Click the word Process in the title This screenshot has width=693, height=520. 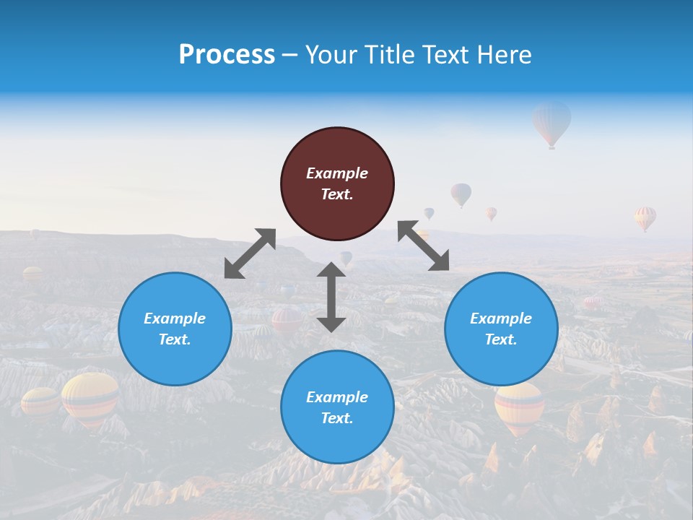[x=227, y=55]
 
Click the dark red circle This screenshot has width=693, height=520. [x=337, y=183]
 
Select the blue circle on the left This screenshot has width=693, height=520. [x=175, y=329]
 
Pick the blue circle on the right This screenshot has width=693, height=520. [x=501, y=329]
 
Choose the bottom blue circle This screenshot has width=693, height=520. [x=337, y=407]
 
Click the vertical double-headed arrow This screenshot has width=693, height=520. [x=331, y=297]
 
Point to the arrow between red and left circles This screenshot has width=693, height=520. [x=250, y=253]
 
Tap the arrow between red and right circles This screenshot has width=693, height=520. [x=423, y=246]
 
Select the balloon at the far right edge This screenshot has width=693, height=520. [x=645, y=217]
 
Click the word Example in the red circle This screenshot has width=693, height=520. [x=337, y=173]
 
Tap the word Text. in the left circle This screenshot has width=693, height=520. [x=175, y=339]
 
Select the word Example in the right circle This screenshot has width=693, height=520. [x=501, y=318]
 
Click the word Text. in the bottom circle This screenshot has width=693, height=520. [x=337, y=418]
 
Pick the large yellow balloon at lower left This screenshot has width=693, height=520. [x=90, y=398]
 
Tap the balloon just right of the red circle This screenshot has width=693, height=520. [x=461, y=194]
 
